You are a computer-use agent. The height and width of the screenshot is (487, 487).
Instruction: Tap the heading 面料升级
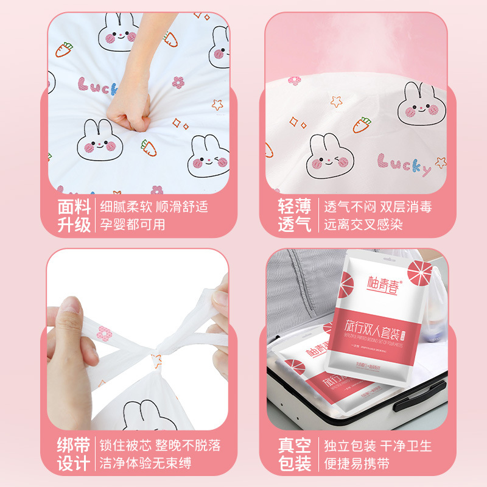pos(74,215)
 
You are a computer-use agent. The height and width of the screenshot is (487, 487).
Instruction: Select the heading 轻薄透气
pos(295,215)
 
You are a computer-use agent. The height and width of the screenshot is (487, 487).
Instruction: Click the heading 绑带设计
pos(74,454)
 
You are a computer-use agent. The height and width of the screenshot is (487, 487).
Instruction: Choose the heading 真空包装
pos(295,454)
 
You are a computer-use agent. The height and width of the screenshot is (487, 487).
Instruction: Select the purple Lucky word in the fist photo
pos(99,86)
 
